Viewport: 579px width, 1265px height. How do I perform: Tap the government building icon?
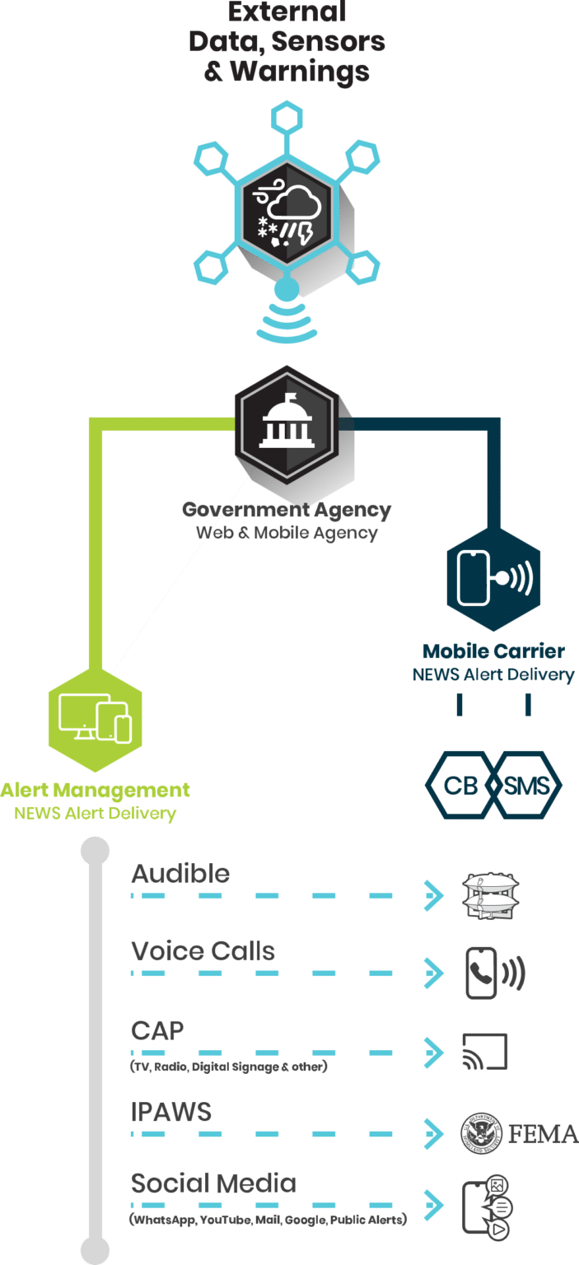[x=287, y=421]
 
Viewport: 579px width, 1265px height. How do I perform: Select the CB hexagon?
[x=460, y=785]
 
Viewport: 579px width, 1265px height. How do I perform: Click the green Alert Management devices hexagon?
[x=95, y=720]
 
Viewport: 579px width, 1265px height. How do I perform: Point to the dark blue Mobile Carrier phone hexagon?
[x=493, y=580]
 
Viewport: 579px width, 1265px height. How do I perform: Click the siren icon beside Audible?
[x=490, y=896]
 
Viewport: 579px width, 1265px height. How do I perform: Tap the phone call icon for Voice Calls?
[x=495, y=973]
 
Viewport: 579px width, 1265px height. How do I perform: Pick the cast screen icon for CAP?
[x=484, y=1052]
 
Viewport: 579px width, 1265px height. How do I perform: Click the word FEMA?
[x=544, y=1134]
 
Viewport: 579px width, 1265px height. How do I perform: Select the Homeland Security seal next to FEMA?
[x=481, y=1133]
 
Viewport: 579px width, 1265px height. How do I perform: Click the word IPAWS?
[x=171, y=1111]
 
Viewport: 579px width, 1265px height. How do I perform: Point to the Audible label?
[x=180, y=874]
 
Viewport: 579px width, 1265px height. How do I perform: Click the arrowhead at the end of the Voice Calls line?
[x=434, y=973]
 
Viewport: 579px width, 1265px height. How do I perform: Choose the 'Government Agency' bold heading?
[x=287, y=510]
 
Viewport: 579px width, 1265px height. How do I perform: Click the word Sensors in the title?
[x=328, y=41]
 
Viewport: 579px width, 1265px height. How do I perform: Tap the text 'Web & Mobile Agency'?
[x=287, y=533]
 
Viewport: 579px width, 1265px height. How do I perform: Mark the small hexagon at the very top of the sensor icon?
[x=287, y=118]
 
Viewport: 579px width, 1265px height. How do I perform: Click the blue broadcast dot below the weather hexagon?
[x=287, y=290]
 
